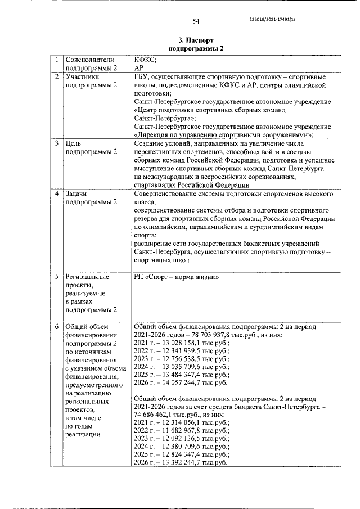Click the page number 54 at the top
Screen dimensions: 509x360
click(196, 21)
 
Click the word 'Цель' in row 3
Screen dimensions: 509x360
click(74, 143)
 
